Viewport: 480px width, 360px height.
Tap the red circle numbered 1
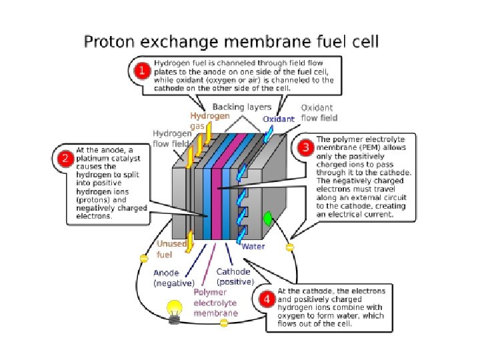click(x=142, y=71)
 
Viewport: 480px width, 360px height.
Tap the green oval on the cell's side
click(x=269, y=218)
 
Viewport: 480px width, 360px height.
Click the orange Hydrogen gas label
click(x=209, y=121)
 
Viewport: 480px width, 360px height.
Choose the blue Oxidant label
click(x=279, y=119)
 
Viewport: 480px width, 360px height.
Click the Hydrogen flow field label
click(x=172, y=138)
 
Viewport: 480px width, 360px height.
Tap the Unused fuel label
click(x=171, y=249)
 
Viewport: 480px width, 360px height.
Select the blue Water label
click(x=253, y=246)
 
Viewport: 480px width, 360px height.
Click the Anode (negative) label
click(x=173, y=278)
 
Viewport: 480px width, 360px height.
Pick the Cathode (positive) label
click(x=233, y=276)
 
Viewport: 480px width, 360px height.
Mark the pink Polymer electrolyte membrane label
click(x=215, y=303)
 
